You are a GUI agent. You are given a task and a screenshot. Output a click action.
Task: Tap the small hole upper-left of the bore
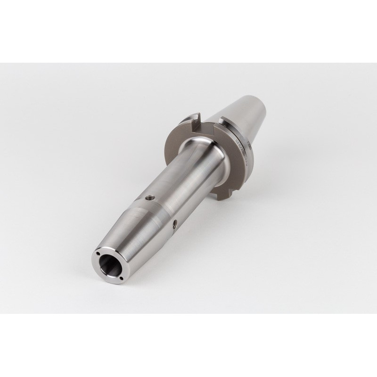click(98, 253)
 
